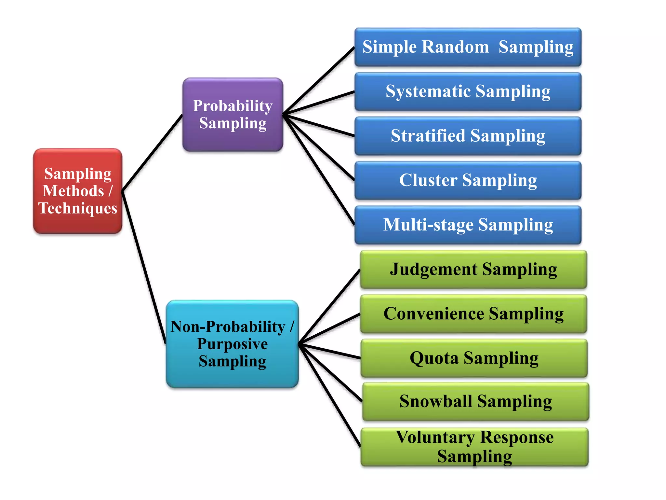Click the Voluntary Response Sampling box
[x=475, y=447]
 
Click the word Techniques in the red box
[x=78, y=208]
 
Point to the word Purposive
[x=233, y=344]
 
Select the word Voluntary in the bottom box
[x=435, y=437]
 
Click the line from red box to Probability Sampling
[x=152, y=153]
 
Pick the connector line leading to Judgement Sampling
[x=329, y=307]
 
